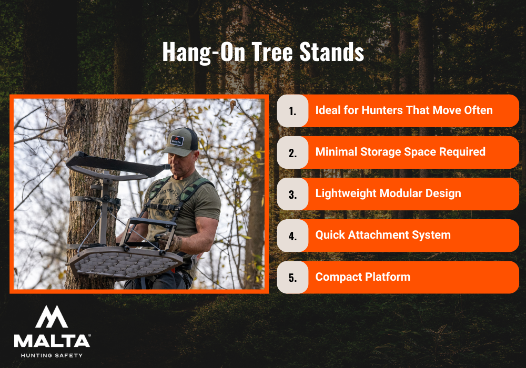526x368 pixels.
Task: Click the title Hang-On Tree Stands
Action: pos(263,53)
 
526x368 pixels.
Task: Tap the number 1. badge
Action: pos(292,111)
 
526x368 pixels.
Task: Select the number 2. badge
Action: pos(292,152)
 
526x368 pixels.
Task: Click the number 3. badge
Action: pos(292,194)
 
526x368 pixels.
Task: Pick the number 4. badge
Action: pos(292,236)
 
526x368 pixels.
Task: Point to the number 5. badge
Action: pos(292,277)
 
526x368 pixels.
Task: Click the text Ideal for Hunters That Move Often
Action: pos(404,110)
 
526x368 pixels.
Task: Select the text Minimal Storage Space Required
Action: pos(400,152)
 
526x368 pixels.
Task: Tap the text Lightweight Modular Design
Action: pos(388,193)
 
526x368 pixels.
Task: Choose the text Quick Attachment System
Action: pos(383,235)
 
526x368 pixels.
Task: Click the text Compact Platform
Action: pos(363,277)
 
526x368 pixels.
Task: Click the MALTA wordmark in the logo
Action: pos(52,341)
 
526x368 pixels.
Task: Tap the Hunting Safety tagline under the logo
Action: pos(52,355)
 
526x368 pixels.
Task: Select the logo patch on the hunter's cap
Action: pos(176,141)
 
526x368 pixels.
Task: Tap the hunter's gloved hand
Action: pos(170,242)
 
